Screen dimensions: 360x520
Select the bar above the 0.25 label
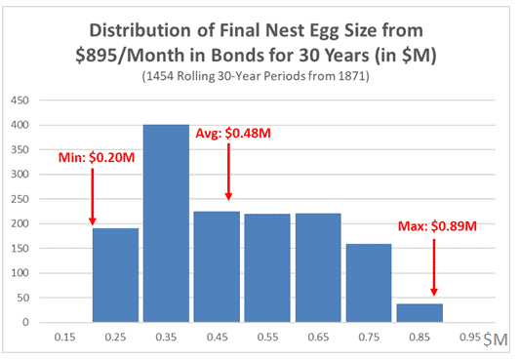(115, 275)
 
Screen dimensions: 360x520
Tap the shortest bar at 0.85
(419, 313)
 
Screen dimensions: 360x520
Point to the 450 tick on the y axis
(19, 100)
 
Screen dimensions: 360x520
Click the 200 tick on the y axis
(19, 223)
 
